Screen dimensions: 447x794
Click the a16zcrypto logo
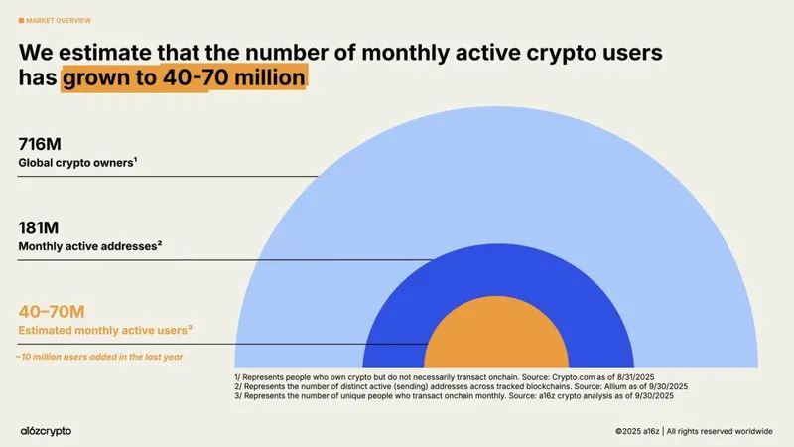pyautogui.click(x=46, y=430)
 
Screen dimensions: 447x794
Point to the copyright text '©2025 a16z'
pyautogui.click(x=637, y=431)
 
